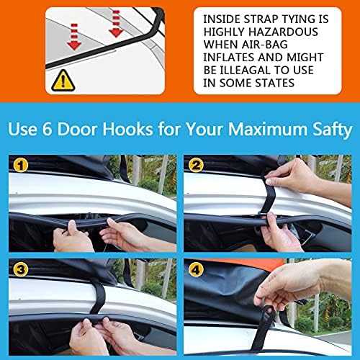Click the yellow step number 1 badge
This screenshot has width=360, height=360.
(21, 166)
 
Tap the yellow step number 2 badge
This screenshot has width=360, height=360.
(196, 166)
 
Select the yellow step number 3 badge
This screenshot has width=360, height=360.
(21, 269)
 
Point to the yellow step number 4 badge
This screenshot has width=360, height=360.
(196, 270)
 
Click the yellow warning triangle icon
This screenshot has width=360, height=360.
(63, 81)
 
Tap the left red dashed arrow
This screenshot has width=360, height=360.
(74, 37)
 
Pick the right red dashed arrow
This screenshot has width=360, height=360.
(116, 24)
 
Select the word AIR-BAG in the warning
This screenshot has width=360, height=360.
(265, 45)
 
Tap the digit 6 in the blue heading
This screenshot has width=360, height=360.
(47, 129)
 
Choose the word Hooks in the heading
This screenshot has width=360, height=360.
(127, 129)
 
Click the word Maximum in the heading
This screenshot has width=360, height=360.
(267, 129)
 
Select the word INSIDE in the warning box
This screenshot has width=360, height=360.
(222, 19)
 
